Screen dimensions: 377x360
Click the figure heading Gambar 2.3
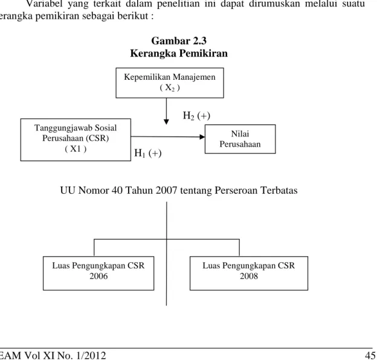click(x=179, y=41)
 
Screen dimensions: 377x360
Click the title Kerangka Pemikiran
click(x=179, y=53)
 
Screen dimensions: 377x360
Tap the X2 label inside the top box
click(x=170, y=88)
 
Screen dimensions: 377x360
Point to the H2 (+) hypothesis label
click(x=196, y=116)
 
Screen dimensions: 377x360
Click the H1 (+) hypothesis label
click(x=148, y=153)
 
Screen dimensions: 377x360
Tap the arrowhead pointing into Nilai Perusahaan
click(x=202, y=137)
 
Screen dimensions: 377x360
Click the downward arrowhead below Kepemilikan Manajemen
click(x=166, y=122)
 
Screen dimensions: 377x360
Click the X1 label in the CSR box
click(x=76, y=149)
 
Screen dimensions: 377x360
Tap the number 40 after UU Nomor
click(x=117, y=191)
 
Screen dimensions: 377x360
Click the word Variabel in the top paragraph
click(x=45, y=4)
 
